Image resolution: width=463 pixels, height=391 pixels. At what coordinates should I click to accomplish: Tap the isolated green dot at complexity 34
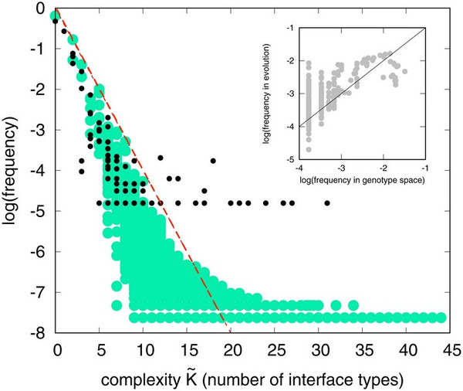(353, 304)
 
